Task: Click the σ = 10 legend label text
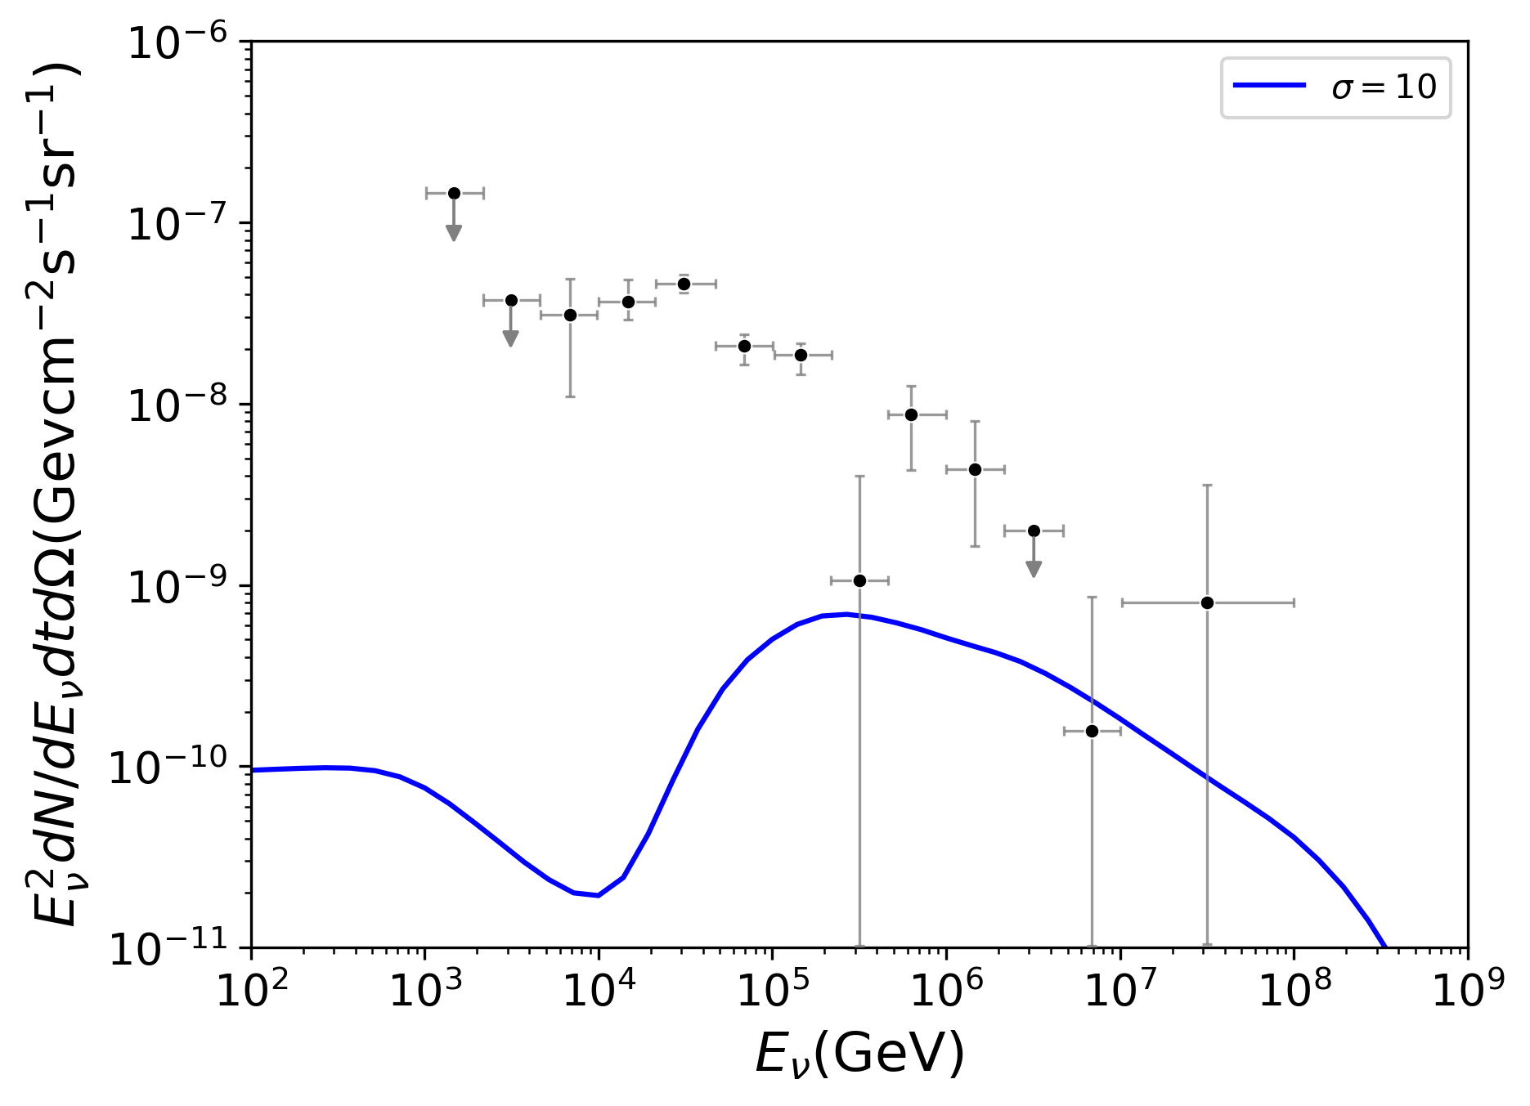pyautogui.click(x=1384, y=86)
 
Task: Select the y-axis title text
pyautogui.click(x=56, y=494)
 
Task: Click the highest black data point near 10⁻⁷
pyautogui.click(x=454, y=193)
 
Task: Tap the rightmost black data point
pyautogui.click(x=1207, y=602)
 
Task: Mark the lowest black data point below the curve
pyautogui.click(x=1092, y=731)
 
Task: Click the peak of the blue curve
pyautogui.click(x=846, y=614)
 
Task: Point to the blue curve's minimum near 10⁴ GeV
pyautogui.click(x=598, y=895)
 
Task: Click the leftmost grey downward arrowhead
pyautogui.click(x=454, y=234)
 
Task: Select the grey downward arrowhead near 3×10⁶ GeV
pyautogui.click(x=1034, y=570)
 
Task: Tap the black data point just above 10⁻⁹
pyautogui.click(x=859, y=580)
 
